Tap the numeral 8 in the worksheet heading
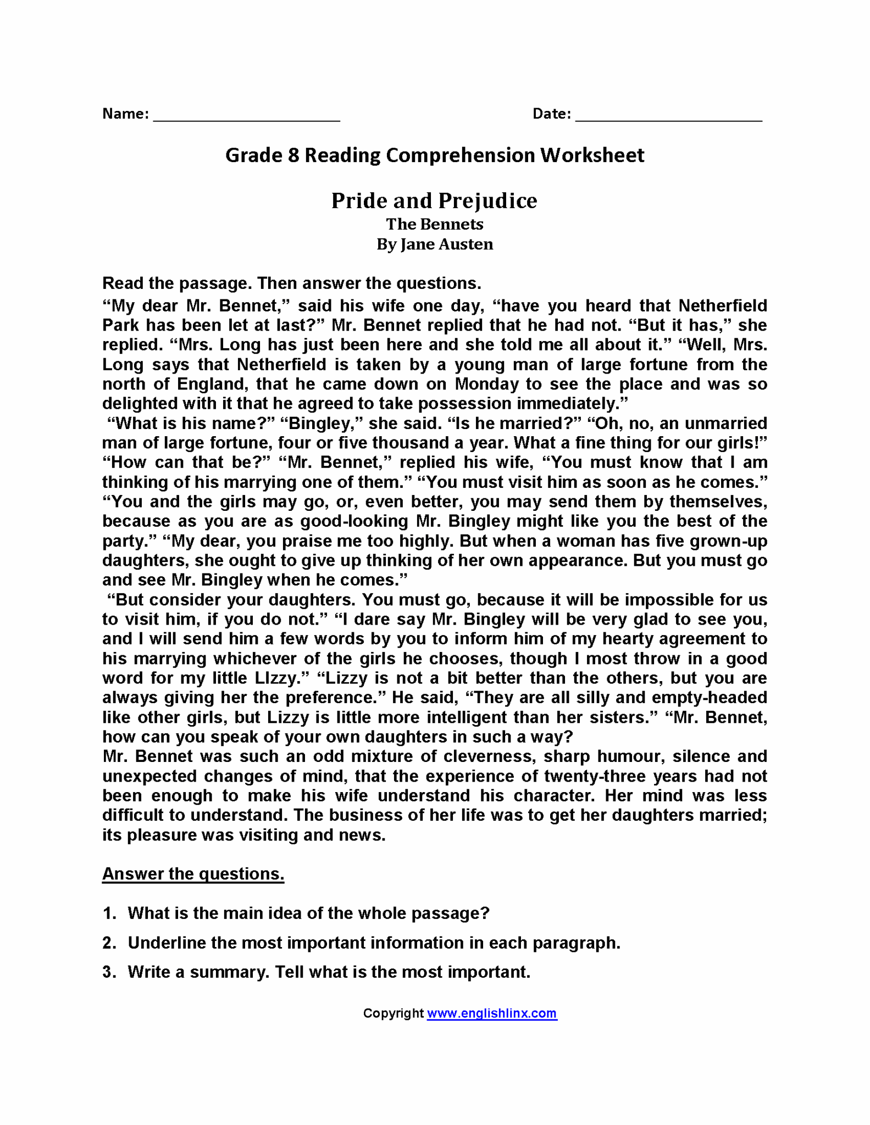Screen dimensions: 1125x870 pos(292,155)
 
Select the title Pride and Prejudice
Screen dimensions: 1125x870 pos(434,201)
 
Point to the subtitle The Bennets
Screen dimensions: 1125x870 pos(434,224)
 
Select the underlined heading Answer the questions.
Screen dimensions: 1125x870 pos(193,874)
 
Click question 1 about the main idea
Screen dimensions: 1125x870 pos(308,914)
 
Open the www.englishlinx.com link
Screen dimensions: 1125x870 pos(492,1013)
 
